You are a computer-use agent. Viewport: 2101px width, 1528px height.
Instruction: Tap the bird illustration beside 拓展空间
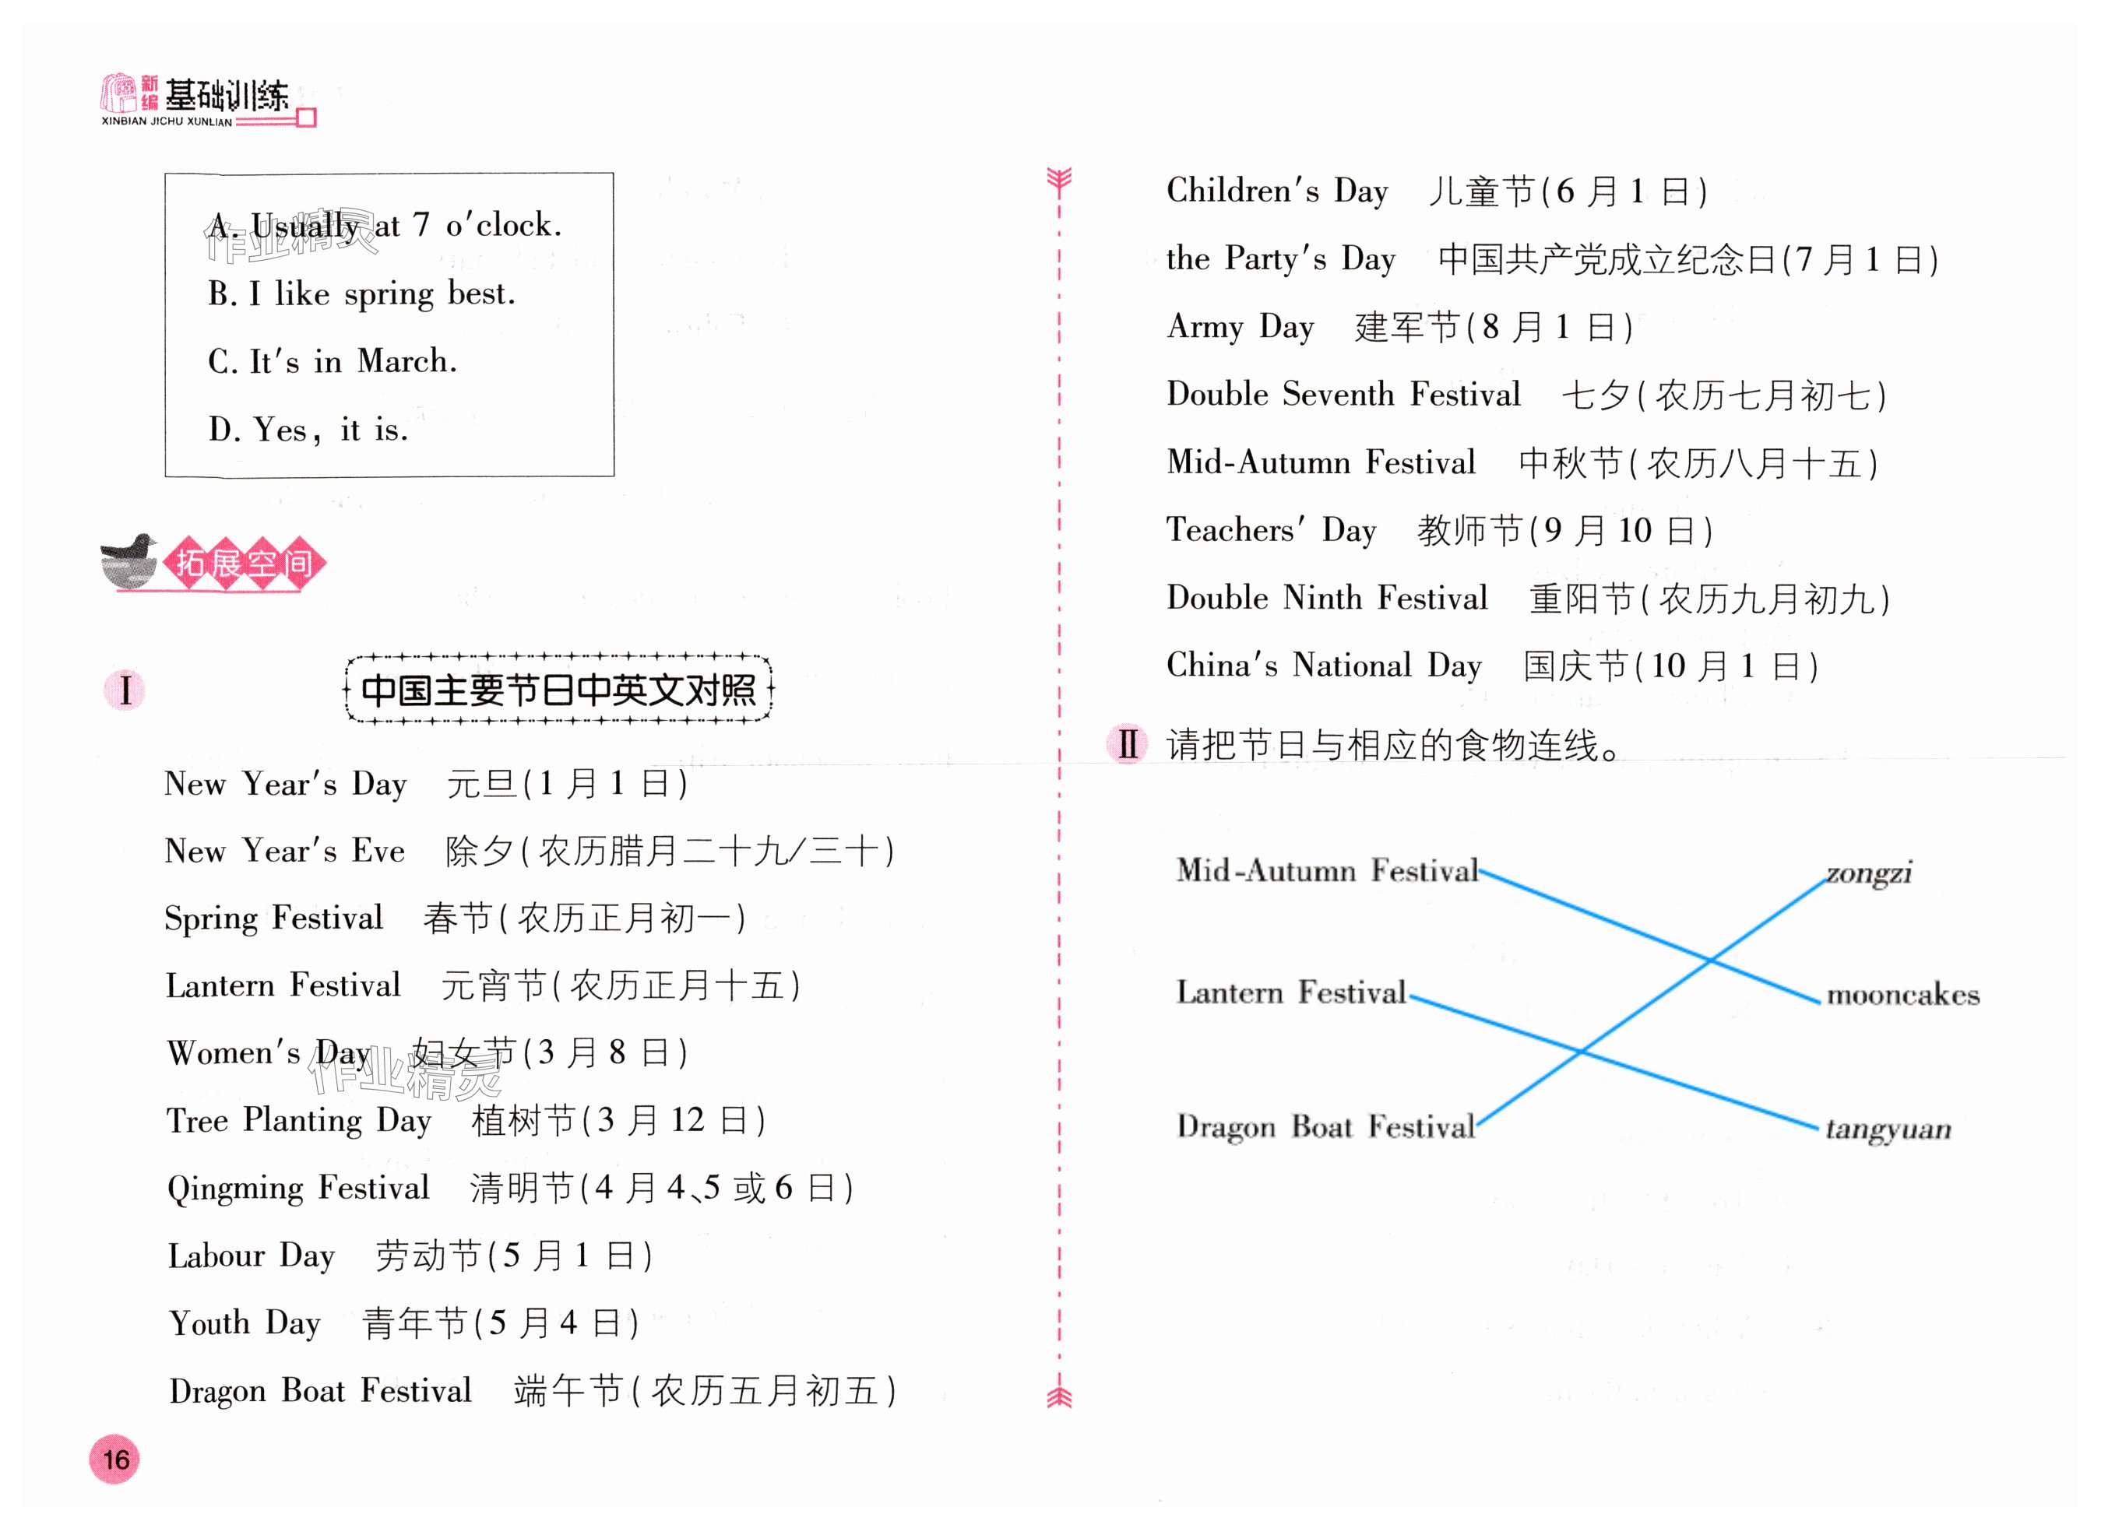(x=130, y=560)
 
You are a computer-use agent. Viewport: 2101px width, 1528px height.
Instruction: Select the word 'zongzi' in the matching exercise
(x=1868, y=873)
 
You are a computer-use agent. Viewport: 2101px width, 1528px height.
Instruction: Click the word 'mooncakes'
(x=1902, y=996)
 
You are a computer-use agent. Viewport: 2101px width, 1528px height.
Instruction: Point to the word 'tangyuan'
(x=1888, y=1129)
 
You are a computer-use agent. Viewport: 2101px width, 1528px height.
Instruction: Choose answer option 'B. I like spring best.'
(x=361, y=293)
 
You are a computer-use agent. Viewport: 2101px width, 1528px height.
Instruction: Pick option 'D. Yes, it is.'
(x=308, y=430)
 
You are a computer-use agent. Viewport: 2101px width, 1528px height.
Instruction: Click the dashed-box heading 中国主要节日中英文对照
(x=558, y=690)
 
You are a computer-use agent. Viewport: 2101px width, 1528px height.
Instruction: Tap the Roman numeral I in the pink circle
(x=125, y=690)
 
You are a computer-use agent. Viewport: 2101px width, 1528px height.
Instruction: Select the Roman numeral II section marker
(x=1128, y=743)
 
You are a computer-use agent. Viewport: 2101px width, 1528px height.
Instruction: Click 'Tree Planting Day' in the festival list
(x=299, y=1121)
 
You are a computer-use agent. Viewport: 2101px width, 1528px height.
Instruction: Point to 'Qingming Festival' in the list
(x=298, y=1188)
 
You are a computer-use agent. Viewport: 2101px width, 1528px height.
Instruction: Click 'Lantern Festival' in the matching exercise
(x=1291, y=992)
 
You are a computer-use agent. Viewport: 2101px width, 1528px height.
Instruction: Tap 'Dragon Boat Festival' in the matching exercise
(x=1325, y=1127)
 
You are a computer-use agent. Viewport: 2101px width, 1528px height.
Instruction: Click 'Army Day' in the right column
(x=1241, y=326)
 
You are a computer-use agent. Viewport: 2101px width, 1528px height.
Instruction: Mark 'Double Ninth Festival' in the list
(x=1326, y=599)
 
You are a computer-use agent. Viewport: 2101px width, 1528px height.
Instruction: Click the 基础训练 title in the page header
(x=226, y=96)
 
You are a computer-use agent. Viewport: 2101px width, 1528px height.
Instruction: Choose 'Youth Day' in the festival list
(x=245, y=1323)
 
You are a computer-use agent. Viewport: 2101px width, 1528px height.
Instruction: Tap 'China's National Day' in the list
(x=1324, y=666)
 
